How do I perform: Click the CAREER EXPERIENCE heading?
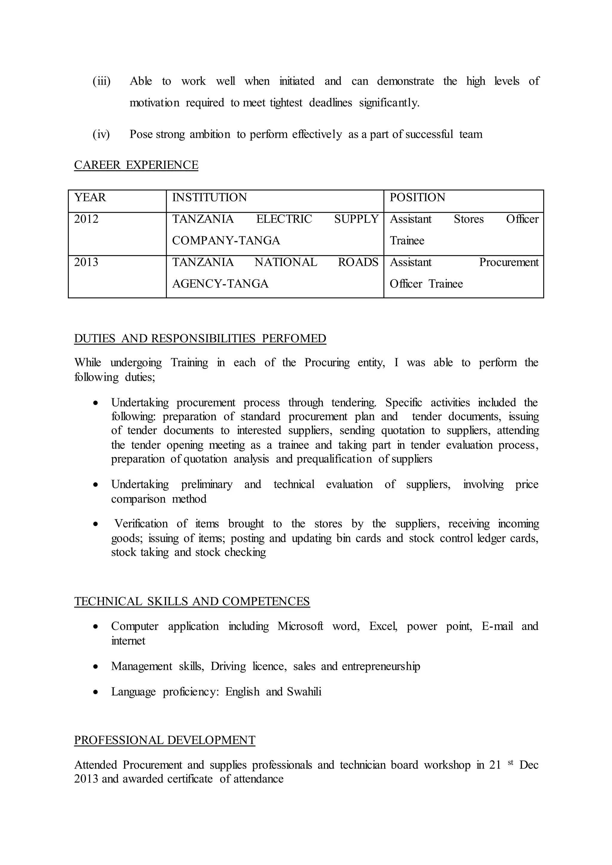point(136,165)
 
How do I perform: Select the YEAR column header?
point(90,197)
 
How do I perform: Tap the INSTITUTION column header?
point(209,197)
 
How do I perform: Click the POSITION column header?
point(417,197)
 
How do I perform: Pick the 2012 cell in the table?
point(86,219)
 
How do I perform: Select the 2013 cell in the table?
point(86,262)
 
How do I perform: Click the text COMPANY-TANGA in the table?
point(226,240)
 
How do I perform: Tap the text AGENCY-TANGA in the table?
point(221,284)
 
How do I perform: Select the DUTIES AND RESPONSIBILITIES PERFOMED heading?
point(200,339)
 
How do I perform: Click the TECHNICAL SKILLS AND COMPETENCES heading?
point(192,601)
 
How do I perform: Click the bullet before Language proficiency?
point(97,692)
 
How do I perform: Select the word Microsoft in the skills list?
point(300,626)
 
